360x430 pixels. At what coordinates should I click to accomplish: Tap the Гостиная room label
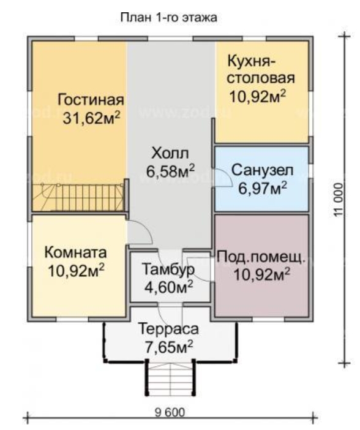pyautogui.click(x=91, y=100)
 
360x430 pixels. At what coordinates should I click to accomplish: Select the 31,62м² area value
pyautogui.click(x=91, y=118)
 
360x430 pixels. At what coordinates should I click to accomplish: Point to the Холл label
pyautogui.click(x=170, y=152)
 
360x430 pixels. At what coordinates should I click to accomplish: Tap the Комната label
pyautogui.click(x=76, y=252)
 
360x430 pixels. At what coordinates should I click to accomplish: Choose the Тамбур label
pyautogui.click(x=168, y=269)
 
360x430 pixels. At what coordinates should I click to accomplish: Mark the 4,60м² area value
pyautogui.click(x=168, y=285)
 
